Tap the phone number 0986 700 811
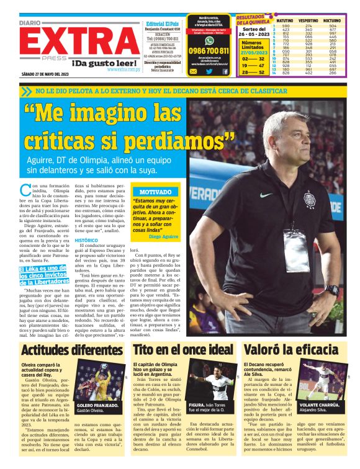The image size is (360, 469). pyautogui.click(x=209, y=51)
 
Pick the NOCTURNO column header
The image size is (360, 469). pyautogui.click(x=333, y=20)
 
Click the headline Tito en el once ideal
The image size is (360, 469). pyautogui.click(x=184, y=350)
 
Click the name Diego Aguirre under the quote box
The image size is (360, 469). pyautogui.click(x=163, y=237)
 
